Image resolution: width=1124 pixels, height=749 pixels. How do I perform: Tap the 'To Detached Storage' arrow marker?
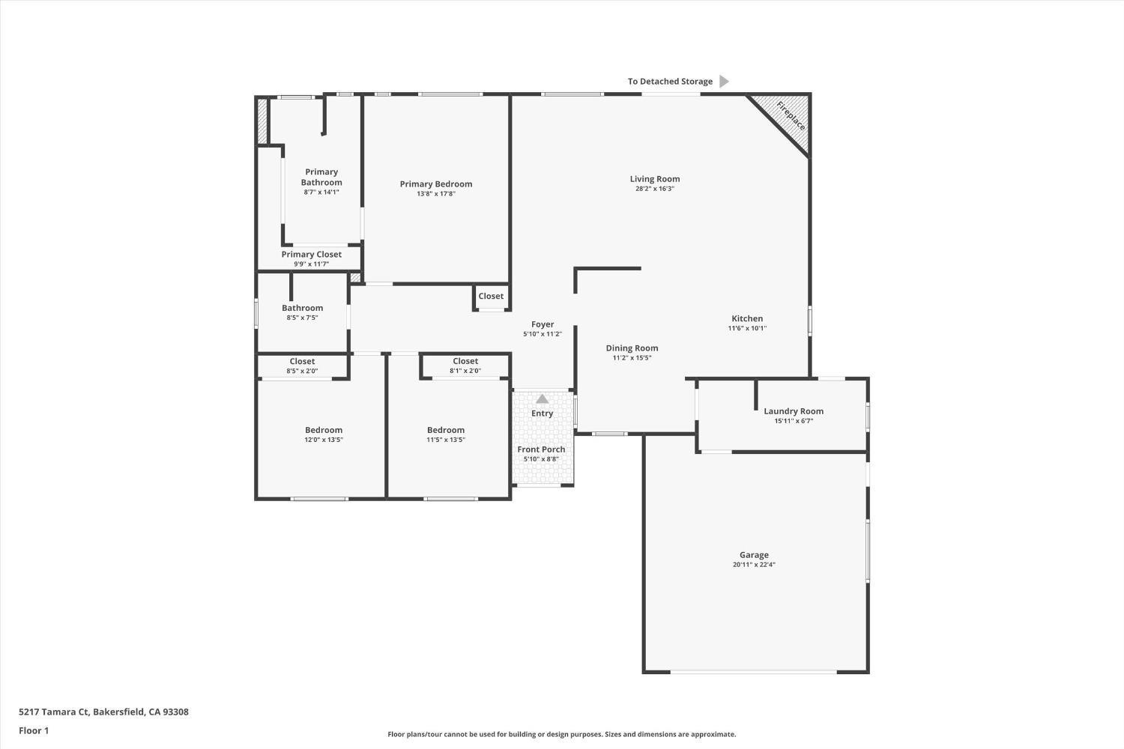click(x=723, y=81)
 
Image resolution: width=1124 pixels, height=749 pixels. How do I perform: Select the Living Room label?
click(x=654, y=179)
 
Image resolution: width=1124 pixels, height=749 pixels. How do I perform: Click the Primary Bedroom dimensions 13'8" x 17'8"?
click(x=436, y=194)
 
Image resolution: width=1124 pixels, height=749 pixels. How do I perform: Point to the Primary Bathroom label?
click(x=321, y=177)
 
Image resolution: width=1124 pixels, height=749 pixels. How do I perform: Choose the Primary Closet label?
click(x=311, y=255)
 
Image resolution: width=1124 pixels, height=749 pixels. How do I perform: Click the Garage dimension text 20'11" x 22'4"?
click(x=754, y=565)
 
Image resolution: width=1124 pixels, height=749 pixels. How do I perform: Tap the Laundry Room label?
click(x=793, y=411)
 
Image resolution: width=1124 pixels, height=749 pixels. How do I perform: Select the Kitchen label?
click(x=747, y=318)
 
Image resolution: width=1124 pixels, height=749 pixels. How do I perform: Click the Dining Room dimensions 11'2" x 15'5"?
click(x=632, y=358)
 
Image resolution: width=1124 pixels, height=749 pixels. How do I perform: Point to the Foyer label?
click(x=543, y=324)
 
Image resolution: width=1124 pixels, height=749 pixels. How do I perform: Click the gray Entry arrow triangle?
click(x=542, y=399)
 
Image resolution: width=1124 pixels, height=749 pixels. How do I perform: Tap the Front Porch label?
click(x=541, y=449)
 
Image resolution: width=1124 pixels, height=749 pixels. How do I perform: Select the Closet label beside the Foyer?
click(x=491, y=296)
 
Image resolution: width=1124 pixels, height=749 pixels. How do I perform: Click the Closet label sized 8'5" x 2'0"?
click(x=302, y=361)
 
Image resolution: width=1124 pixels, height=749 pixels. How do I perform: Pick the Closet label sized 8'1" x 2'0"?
click(x=465, y=361)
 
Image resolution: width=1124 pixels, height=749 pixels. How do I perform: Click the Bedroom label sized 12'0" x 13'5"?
click(x=324, y=430)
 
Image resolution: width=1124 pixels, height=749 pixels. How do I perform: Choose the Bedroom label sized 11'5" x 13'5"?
click(x=446, y=430)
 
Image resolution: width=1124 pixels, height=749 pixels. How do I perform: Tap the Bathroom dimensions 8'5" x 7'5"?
click(x=302, y=318)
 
